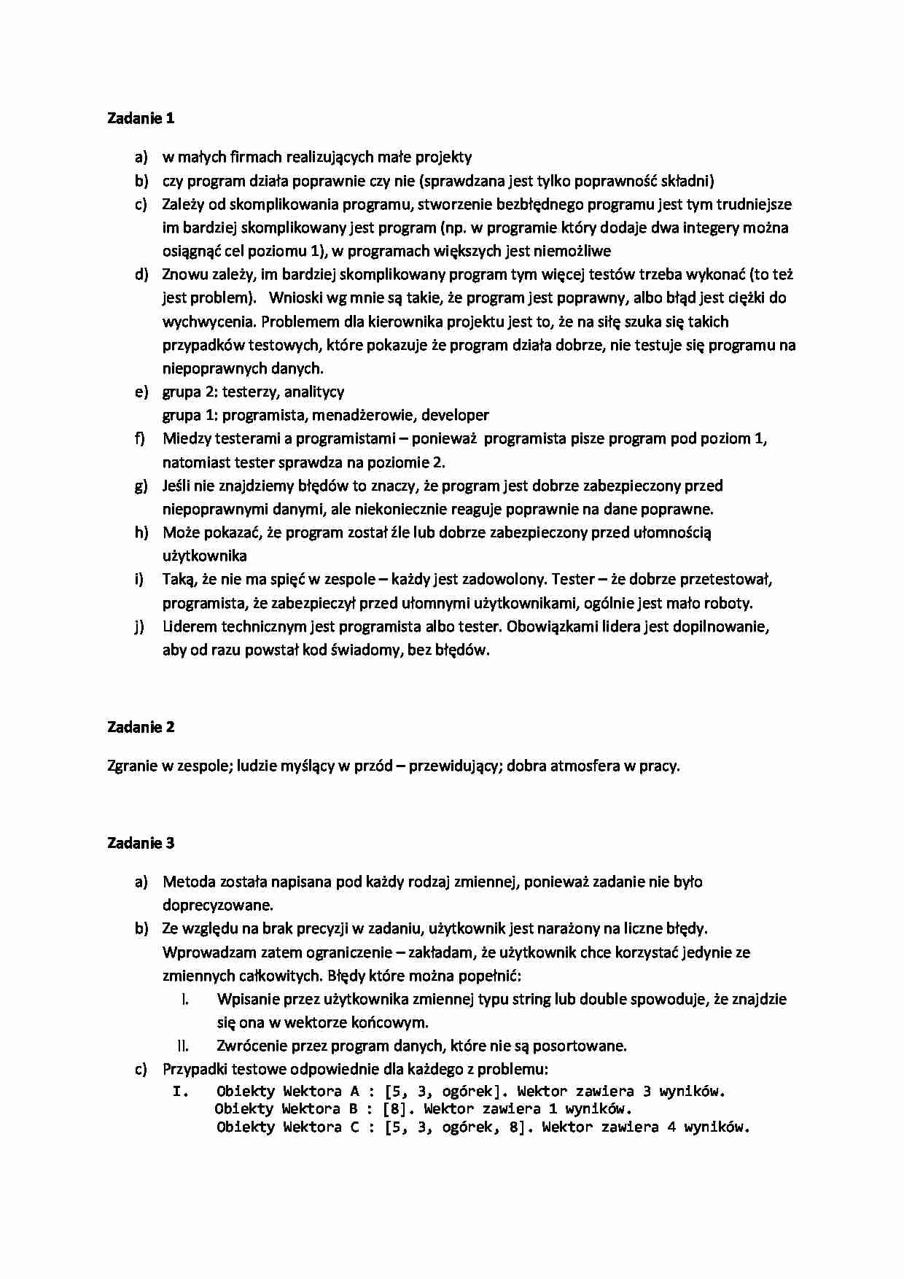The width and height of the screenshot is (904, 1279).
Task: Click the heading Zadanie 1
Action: tap(141, 118)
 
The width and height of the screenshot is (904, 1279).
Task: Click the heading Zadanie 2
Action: tap(141, 727)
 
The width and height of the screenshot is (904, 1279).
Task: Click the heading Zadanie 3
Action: tap(141, 843)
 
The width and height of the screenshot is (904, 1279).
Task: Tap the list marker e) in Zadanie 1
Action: tap(141, 392)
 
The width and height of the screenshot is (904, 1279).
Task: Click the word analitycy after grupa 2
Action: tap(313, 392)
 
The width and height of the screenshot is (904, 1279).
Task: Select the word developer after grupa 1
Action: tap(455, 415)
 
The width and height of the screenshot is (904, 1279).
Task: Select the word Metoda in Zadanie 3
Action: tap(186, 882)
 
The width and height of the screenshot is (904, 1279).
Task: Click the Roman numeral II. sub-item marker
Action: tap(183, 1046)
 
